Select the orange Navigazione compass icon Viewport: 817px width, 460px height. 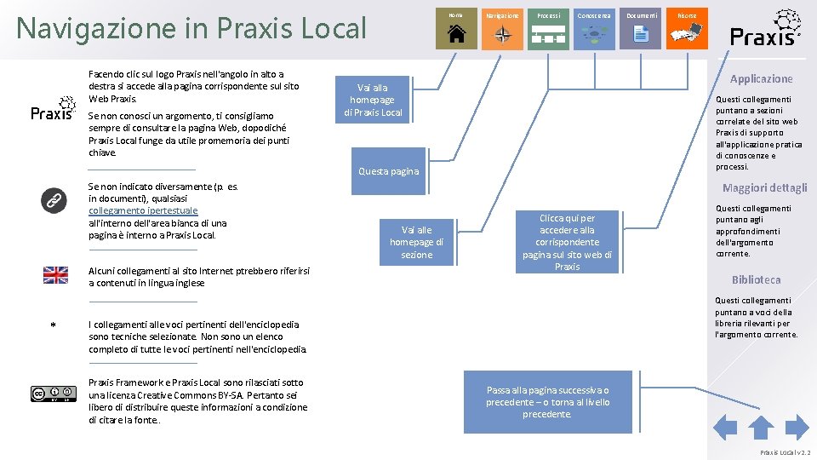(x=503, y=31)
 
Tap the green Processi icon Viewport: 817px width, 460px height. (x=549, y=31)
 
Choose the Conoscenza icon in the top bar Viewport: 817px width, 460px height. (x=594, y=31)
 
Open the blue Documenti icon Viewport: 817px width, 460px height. (x=641, y=31)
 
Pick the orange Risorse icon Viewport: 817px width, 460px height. (x=687, y=31)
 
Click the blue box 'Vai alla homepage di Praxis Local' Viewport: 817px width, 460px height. (x=373, y=100)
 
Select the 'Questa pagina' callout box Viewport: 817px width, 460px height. (x=388, y=171)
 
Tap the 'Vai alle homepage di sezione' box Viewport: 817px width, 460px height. (x=416, y=242)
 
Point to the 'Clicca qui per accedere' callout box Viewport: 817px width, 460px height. (x=567, y=243)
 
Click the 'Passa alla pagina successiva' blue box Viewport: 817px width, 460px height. (x=547, y=402)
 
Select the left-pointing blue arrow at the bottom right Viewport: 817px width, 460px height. (x=724, y=427)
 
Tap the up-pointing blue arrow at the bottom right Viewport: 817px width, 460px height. (x=760, y=427)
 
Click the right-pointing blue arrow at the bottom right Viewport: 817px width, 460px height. (x=797, y=427)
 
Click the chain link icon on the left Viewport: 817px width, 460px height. (x=54, y=201)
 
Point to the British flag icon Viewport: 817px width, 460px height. (x=55, y=274)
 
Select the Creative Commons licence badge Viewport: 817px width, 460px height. (x=49, y=394)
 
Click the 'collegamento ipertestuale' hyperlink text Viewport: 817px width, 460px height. (x=143, y=210)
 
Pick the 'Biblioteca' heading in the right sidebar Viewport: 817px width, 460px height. (x=756, y=279)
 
